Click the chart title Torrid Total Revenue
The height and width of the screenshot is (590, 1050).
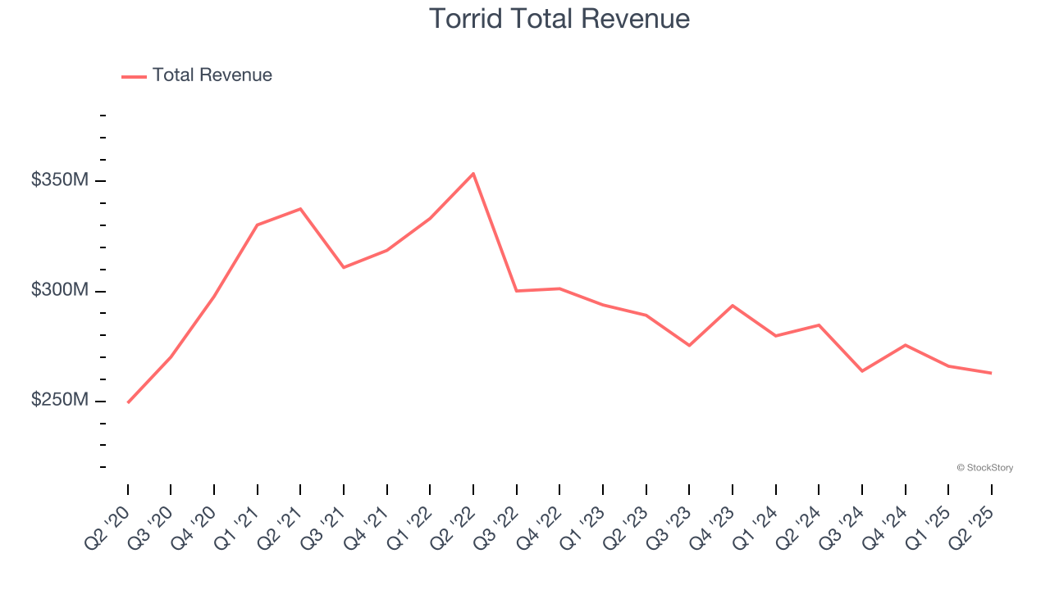pyautogui.click(x=559, y=19)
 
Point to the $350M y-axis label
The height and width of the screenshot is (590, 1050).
pyautogui.click(x=59, y=180)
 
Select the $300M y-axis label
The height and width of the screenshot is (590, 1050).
pyautogui.click(x=59, y=290)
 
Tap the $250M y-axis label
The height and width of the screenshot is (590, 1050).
pyautogui.click(x=59, y=400)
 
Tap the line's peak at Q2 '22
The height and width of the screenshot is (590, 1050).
pyautogui.click(x=473, y=174)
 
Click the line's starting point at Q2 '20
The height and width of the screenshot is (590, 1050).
pyautogui.click(x=128, y=402)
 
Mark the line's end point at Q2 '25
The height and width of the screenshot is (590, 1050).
pyautogui.click(x=991, y=373)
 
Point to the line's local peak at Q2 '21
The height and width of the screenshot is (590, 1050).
pyautogui.click(x=300, y=209)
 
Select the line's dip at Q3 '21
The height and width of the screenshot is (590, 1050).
pyautogui.click(x=344, y=267)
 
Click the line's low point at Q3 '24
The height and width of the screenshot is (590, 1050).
pyautogui.click(x=862, y=371)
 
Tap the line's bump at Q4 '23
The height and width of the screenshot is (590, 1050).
pyautogui.click(x=733, y=306)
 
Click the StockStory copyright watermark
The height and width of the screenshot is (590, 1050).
pyautogui.click(x=984, y=468)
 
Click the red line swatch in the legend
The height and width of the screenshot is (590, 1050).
pyautogui.click(x=134, y=76)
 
